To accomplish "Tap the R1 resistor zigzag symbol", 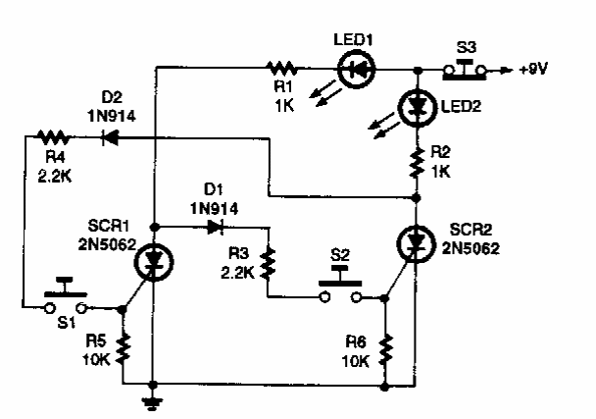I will coord(282,69).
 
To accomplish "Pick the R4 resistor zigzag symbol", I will coord(48,138).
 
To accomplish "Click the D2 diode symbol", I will coord(108,138).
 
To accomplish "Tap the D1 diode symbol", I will coord(215,225).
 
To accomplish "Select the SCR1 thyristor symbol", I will coord(153,260).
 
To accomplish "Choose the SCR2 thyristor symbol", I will coord(417,241).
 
